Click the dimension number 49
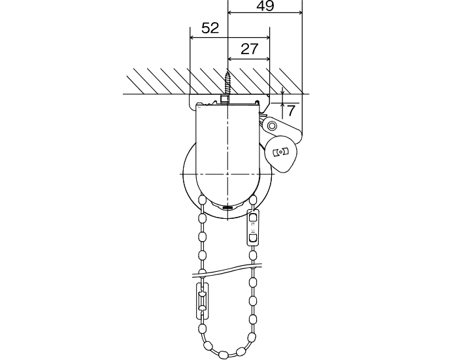tap(265, 5)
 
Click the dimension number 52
tap(210, 28)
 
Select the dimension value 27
tap(250, 49)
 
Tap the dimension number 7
tap(291, 110)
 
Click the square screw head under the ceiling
tap(225, 99)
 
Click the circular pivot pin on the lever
tap(272, 125)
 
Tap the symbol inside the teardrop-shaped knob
tap(280, 152)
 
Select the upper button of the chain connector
tap(253, 216)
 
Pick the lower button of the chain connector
tap(253, 238)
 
